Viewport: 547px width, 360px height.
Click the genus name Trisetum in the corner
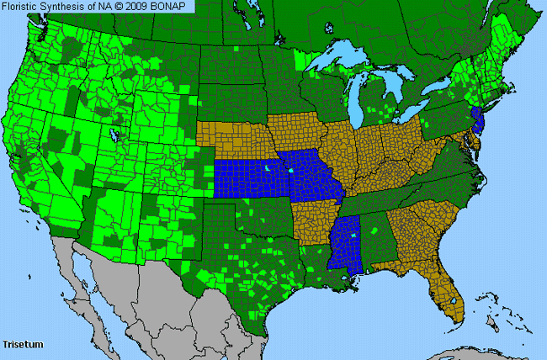coord(23,344)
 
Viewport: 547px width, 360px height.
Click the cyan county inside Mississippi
coord(354,236)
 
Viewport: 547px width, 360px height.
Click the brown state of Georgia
coord(412,236)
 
